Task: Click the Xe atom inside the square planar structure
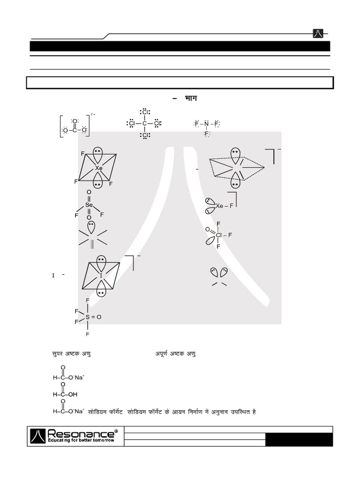point(98,168)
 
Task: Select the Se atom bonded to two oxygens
point(89,205)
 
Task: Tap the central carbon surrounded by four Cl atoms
point(144,124)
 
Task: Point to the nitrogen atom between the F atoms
point(207,124)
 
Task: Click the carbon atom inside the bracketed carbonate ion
point(75,131)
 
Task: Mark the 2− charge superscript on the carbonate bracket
point(93,114)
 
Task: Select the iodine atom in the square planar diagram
point(101,276)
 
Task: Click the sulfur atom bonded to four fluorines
point(87,317)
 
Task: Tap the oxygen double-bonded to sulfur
point(99,317)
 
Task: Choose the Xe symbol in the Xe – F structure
point(219,206)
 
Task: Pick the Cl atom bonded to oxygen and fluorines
point(219,234)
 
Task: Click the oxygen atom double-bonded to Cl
point(207,229)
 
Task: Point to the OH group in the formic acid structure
point(73,394)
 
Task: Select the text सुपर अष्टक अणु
point(71,353)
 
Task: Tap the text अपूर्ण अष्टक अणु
point(175,353)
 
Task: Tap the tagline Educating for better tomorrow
point(81,441)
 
